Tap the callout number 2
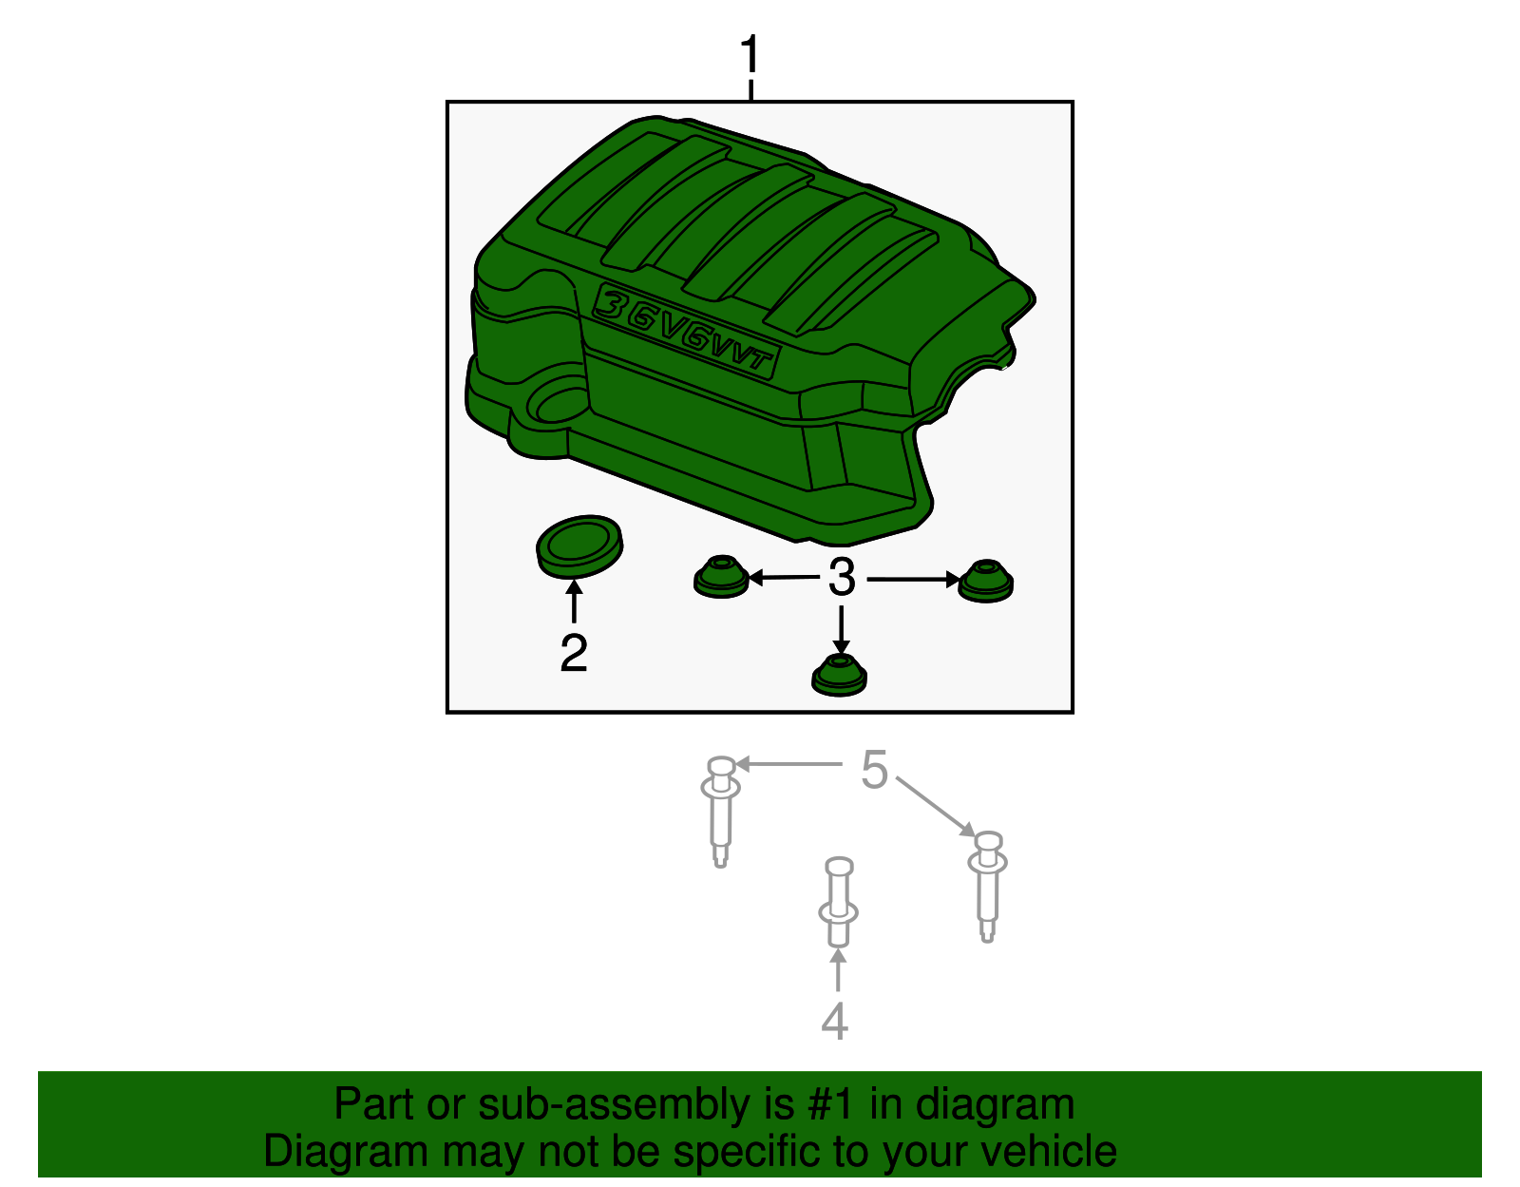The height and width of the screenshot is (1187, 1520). [574, 653]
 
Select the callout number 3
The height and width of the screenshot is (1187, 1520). [842, 578]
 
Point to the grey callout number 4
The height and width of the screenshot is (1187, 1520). [834, 1022]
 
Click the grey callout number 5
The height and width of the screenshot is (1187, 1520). [874, 770]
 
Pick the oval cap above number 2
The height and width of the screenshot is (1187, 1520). [579, 547]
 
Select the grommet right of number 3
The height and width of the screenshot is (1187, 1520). [985, 581]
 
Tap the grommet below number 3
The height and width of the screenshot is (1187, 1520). [840, 675]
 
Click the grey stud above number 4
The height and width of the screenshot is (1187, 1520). [839, 902]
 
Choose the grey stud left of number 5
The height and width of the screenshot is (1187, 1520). [720, 813]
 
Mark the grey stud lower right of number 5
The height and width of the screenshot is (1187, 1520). [988, 887]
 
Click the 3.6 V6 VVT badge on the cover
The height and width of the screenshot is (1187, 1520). [686, 332]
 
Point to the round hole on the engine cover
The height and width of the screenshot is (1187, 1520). [556, 401]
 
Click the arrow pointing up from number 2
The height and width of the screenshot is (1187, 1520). [574, 603]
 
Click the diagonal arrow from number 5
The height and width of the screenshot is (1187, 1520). [936, 807]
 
